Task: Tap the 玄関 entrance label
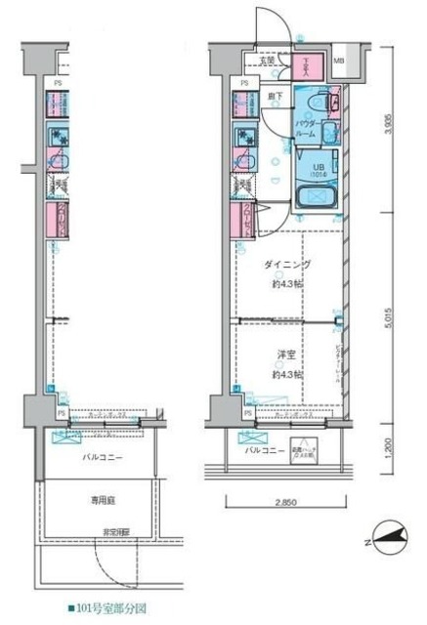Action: tap(268, 61)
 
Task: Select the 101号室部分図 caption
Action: tap(107, 606)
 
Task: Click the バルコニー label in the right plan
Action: tap(265, 450)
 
